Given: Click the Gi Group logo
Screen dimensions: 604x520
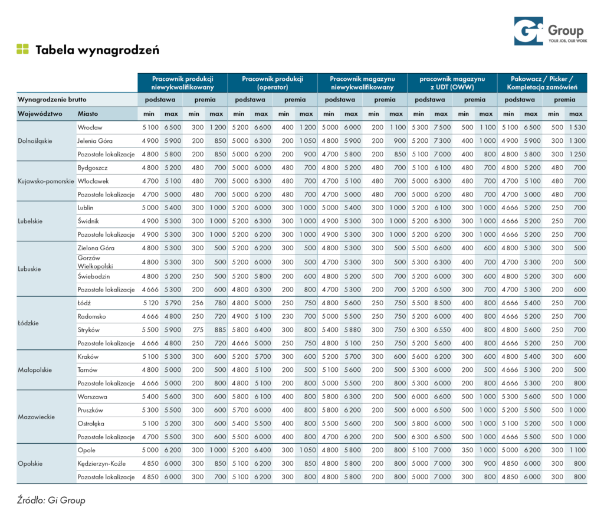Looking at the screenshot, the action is (550, 31).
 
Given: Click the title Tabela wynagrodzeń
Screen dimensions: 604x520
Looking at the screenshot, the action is (97, 50).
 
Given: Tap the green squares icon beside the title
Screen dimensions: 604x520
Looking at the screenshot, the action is (23, 49).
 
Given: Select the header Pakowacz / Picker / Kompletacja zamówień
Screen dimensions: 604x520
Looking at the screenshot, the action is (542, 83).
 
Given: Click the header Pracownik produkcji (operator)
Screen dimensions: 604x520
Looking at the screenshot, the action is (273, 83).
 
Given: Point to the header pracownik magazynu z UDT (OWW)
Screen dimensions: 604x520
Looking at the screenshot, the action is (452, 83).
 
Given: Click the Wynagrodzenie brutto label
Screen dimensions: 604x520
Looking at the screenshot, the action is (52, 99).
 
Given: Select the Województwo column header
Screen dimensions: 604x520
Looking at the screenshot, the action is (40, 114).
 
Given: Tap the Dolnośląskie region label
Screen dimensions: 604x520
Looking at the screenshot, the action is (35, 140).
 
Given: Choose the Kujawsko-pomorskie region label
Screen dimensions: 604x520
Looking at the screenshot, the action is (46, 181).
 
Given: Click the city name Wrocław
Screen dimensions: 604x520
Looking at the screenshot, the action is (90, 127).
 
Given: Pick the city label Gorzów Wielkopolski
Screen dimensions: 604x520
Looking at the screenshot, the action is (95, 262).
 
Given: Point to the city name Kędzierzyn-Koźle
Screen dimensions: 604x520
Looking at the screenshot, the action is (101, 463).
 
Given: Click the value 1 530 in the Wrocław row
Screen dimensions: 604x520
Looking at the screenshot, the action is (577, 127).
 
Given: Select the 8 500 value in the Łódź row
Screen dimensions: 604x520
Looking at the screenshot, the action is (442, 303).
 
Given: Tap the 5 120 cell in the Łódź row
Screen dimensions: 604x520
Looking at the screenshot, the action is (150, 303).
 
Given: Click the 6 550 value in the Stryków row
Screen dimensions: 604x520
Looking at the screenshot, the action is (442, 329).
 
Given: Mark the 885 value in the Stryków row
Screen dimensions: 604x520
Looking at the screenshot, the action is (221, 329).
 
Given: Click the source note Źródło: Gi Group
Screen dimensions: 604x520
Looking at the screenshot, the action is (51, 500).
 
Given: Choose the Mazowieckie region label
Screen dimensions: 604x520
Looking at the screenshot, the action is (36, 417).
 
